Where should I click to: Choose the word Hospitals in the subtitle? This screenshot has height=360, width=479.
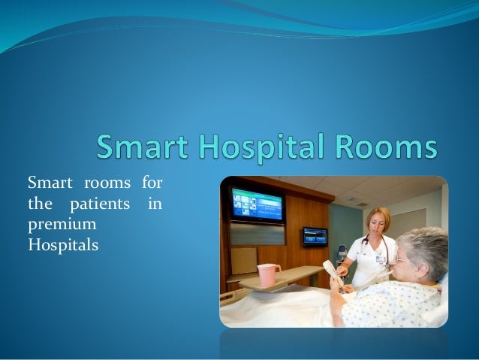pos(63,244)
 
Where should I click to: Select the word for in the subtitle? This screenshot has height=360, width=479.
pos(152,182)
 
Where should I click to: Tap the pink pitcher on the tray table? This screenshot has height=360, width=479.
pos(267,274)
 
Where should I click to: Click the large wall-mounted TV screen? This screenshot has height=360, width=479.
pos(257,204)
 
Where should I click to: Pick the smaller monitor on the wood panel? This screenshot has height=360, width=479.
pos(315,236)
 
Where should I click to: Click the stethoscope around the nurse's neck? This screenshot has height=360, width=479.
pos(369,248)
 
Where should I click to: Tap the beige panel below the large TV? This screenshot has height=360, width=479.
pos(244,260)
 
